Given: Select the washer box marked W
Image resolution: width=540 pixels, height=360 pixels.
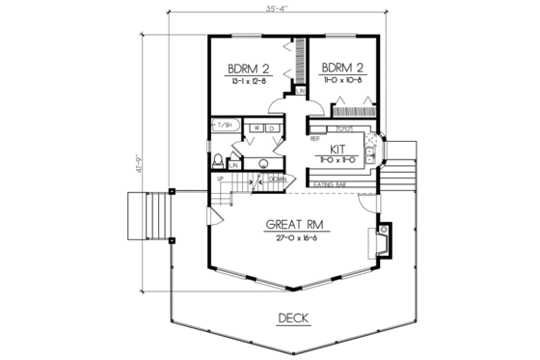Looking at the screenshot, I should click(x=258, y=126).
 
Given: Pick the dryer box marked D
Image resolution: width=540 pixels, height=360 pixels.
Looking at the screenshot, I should click(x=273, y=126).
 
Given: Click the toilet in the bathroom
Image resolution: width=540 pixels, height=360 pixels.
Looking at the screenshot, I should click(x=219, y=159).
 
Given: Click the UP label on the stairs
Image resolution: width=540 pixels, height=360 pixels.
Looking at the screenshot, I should click(x=220, y=180).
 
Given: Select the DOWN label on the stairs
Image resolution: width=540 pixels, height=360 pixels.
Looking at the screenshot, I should click(x=275, y=180).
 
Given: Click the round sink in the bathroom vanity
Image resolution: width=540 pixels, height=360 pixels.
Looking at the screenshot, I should click(x=261, y=161).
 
